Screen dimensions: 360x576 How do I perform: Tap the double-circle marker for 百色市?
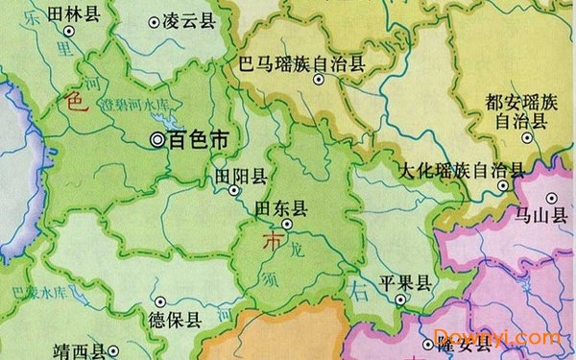click(x=157, y=140)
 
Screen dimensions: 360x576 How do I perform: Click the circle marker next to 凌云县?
click(x=155, y=20)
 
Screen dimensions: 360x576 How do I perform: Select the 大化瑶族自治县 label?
click(x=462, y=171)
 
